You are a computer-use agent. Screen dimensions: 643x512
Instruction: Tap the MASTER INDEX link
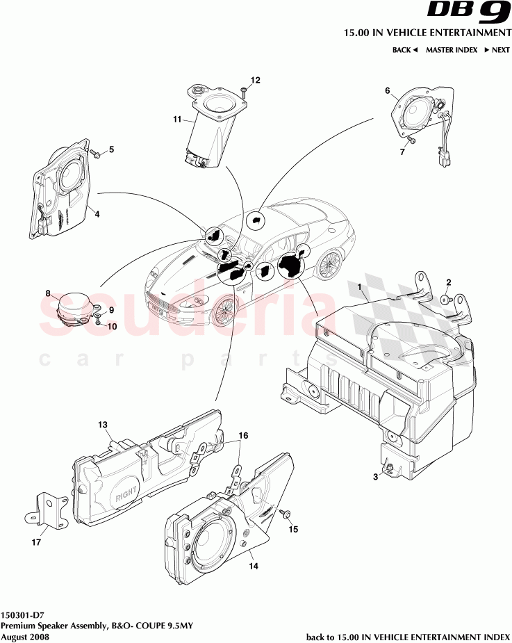[x=451, y=50]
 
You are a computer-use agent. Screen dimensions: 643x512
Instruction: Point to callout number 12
[x=255, y=81]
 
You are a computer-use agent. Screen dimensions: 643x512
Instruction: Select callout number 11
[x=178, y=120]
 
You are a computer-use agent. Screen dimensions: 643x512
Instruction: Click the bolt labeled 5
[x=96, y=155]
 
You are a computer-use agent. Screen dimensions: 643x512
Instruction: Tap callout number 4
[x=97, y=215]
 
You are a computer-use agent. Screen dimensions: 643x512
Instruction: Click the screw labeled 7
[x=411, y=140]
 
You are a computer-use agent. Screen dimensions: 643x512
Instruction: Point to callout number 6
[x=388, y=90]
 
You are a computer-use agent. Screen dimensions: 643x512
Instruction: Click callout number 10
[x=111, y=326]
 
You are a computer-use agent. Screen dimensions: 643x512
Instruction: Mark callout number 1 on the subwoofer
[x=359, y=286]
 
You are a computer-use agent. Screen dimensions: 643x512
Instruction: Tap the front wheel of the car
[x=224, y=311]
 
